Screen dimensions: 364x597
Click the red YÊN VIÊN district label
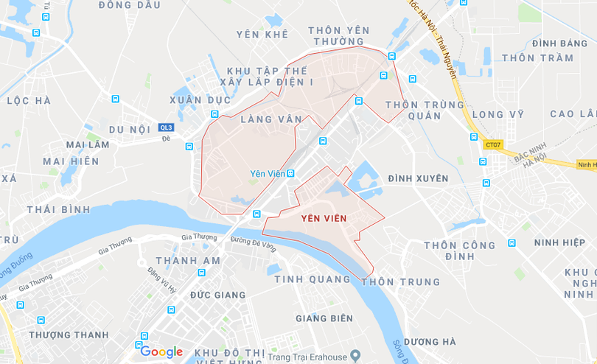324,218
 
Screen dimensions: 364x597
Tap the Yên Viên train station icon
290,174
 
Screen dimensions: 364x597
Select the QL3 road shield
166,127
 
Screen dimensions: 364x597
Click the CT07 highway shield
492,144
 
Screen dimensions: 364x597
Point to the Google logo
161,351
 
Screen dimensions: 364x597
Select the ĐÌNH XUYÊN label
418,178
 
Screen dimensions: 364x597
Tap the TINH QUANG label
313,279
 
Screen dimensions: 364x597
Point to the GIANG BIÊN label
324,318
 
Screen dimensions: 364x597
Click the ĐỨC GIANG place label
217,295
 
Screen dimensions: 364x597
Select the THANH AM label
188,261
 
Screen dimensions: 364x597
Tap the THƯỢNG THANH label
69,335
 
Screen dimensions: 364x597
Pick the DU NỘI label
130,130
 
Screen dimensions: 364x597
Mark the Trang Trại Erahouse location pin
355,356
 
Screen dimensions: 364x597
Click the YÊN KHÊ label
262,35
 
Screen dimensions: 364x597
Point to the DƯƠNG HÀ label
429,342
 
